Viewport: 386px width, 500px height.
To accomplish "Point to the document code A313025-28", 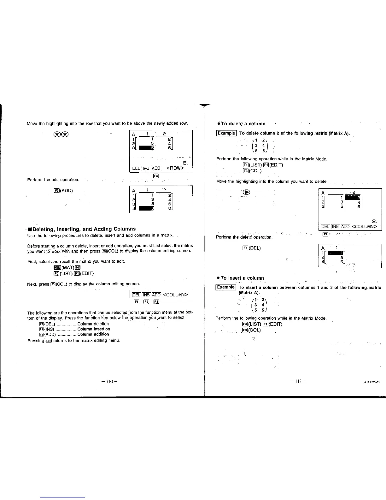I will pos(372,382).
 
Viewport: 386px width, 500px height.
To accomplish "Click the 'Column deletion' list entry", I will pos(93,324).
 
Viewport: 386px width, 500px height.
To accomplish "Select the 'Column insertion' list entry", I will pos(94,329).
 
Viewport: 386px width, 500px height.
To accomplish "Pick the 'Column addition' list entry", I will pos(93,334).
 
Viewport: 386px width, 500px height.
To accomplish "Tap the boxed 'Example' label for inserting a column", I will pos(226,287).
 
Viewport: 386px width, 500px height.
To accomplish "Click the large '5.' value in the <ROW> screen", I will pos(185,163).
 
